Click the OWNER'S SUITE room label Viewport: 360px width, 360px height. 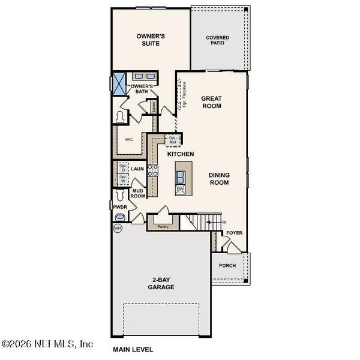pos(149,40)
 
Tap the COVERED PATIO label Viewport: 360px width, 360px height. pos(218,40)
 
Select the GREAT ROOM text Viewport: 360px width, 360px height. pos(211,102)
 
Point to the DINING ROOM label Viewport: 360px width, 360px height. pos(218,179)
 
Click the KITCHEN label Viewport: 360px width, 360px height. pos(181,154)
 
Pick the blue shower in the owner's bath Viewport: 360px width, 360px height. pos(119,81)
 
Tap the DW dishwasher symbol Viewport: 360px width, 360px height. pos(180,189)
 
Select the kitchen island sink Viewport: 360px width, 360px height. pos(180,176)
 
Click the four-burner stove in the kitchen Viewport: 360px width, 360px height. pos(153,170)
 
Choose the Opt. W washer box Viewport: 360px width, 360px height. pos(122,179)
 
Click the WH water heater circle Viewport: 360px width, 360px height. pos(117,228)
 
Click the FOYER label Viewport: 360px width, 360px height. pos(233,232)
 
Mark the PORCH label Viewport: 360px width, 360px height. pos(227,265)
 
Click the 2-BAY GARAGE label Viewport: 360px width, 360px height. pos(161,283)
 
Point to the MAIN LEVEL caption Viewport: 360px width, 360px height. pos(133,349)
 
